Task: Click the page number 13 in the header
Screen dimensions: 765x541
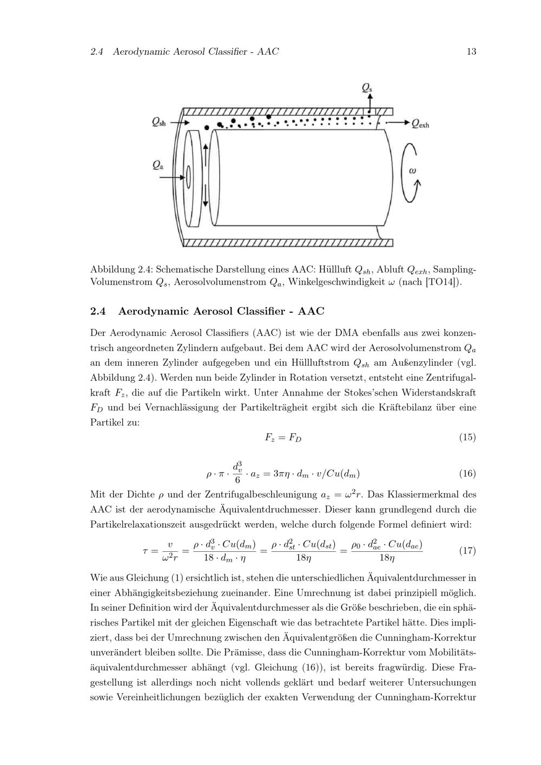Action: (471, 52)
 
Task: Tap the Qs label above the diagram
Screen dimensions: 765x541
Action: (367, 87)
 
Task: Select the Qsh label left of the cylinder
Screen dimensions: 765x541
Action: (159, 123)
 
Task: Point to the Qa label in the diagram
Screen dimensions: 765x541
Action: (158, 164)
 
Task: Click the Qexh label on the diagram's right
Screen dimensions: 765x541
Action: (420, 124)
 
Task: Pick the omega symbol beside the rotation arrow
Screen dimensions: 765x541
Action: (412, 170)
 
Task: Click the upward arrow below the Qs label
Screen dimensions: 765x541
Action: (371, 101)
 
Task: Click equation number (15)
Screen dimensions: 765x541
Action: (467, 437)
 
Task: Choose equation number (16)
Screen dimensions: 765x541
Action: (467, 474)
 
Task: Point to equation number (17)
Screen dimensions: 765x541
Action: (467, 551)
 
